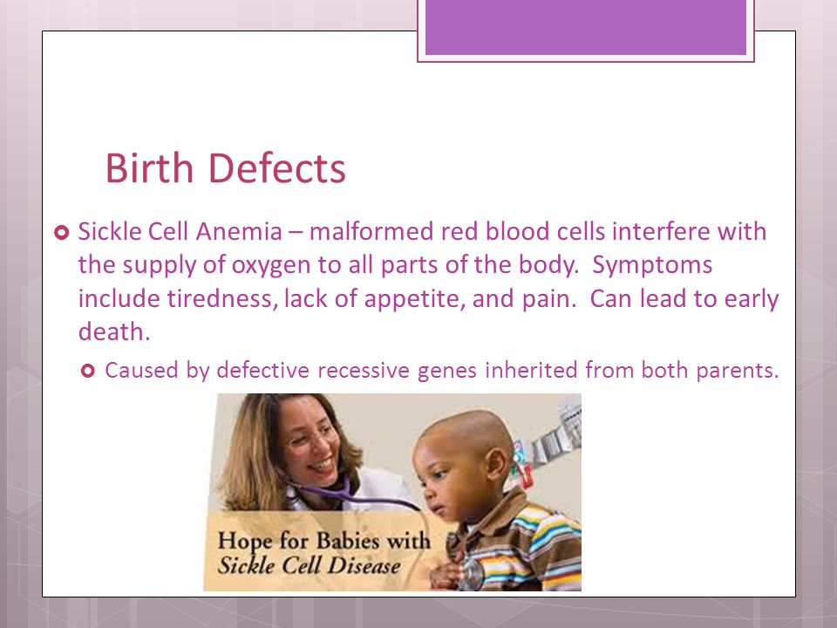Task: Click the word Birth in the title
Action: (x=149, y=167)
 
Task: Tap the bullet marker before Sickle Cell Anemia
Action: (x=62, y=233)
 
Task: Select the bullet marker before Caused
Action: (x=88, y=371)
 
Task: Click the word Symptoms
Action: (x=652, y=265)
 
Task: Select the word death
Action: (x=114, y=331)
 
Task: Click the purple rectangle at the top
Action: (x=586, y=27)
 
